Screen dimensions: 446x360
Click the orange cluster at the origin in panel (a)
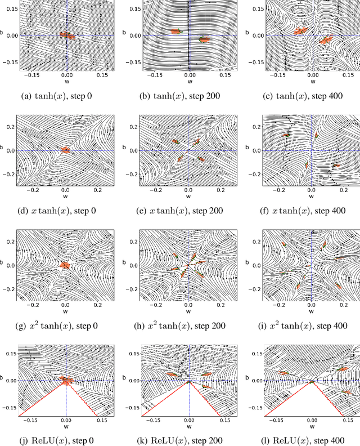pos(67,35)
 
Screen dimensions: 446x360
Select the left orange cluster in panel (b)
pos(175,32)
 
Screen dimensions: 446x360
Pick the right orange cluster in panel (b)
pos(203,39)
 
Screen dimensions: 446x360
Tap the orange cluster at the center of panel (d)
pos(65,150)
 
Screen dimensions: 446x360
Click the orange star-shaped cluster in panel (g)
pos(65,265)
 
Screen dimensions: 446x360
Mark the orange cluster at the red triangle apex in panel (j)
pos(66,381)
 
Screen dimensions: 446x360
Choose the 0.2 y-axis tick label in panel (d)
pos(11,127)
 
